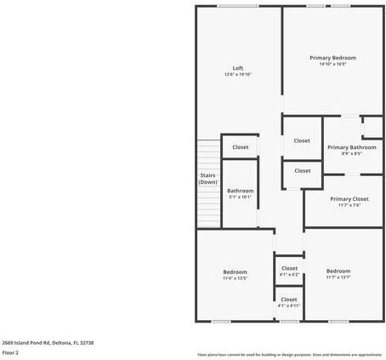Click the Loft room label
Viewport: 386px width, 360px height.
238,68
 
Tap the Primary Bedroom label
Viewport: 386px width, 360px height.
332,57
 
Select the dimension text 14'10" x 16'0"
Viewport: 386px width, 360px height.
332,64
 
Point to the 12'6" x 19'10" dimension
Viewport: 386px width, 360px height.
238,75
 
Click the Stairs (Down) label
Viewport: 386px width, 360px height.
207,179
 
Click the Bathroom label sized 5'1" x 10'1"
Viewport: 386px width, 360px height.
240,191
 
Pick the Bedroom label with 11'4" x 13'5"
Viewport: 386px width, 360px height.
235,271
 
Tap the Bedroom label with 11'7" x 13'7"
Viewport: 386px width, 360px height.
338,271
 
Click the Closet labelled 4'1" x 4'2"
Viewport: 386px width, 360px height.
289,268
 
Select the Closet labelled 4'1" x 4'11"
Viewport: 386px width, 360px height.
289,299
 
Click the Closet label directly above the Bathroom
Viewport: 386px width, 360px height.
240,146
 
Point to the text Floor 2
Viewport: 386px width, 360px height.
10,351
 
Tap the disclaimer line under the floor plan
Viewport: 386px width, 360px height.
290,354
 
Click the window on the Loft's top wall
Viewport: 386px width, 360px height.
237,6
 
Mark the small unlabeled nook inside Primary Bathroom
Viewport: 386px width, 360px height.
372,128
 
